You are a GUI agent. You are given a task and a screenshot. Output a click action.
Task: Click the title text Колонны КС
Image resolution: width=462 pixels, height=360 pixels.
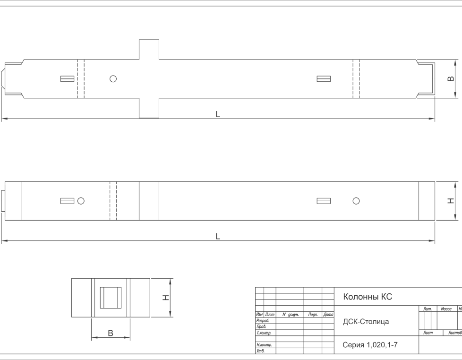pos(368,297)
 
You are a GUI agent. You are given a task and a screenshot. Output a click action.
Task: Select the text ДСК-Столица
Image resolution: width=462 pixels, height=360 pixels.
pos(366,322)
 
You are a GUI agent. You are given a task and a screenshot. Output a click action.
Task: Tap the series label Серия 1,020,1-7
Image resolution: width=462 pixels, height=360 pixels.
pos(370,345)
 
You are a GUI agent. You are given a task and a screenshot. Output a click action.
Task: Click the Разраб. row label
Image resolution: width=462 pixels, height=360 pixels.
pos(263,321)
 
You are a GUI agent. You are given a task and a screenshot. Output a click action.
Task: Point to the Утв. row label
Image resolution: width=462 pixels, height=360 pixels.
pos(260,351)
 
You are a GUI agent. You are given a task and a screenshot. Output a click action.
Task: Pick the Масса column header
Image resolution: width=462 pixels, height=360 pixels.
pos(446,309)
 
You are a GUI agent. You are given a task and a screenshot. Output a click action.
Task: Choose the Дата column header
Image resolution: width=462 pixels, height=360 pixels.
pos(328,315)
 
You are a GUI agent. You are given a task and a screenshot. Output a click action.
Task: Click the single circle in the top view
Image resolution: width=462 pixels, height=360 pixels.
pos(113,79)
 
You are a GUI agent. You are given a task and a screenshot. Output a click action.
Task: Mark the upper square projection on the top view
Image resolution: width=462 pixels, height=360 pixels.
pos(149,50)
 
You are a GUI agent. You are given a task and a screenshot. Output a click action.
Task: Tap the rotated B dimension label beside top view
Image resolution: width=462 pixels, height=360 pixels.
pos(451,78)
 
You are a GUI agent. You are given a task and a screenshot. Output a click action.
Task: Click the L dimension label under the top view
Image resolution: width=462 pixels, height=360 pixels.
pos(218,114)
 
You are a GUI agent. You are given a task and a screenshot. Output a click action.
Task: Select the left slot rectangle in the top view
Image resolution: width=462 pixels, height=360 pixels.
pos(67,79)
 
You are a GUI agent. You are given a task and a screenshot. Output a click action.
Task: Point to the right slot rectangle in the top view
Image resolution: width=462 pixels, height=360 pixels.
pos(324,79)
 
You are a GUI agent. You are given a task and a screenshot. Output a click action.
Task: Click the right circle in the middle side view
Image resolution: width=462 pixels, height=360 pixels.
pos(356,201)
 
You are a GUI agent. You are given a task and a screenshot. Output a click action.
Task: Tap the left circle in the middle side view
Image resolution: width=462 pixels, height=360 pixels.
pos(81,201)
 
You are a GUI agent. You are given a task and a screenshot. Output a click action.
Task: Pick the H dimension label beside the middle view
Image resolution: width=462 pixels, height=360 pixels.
pos(451,201)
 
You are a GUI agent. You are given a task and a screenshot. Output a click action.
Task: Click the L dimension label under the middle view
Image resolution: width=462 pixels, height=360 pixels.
pos(218,237)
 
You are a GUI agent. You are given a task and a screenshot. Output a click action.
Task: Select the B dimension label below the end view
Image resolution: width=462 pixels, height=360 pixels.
pos(111,333)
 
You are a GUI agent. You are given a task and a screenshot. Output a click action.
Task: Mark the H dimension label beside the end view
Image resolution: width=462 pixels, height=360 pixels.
pos(166,298)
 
